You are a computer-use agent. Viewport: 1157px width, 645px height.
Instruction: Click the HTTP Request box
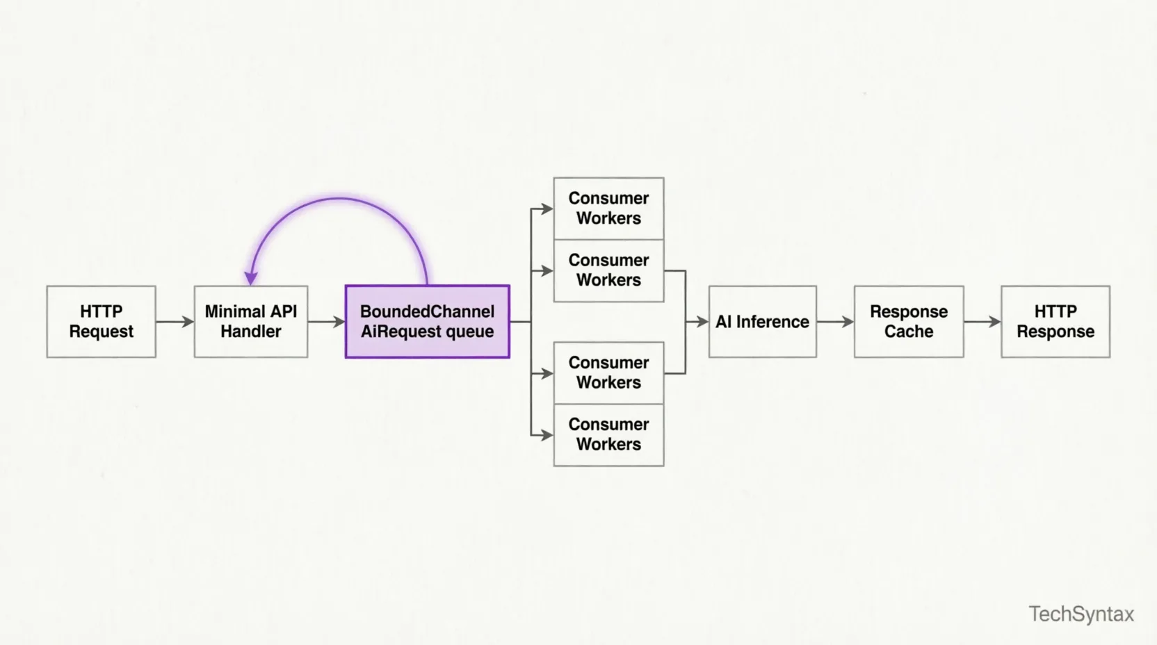pyautogui.click(x=101, y=322)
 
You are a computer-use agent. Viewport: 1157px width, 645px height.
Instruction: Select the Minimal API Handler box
pyautogui.click(x=251, y=322)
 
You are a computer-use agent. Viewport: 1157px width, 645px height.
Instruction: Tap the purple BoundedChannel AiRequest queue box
pyautogui.click(x=427, y=322)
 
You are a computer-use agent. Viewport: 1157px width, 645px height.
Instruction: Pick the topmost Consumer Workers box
pyautogui.click(x=608, y=209)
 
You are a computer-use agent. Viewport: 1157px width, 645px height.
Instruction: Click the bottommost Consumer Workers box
pyautogui.click(x=608, y=435)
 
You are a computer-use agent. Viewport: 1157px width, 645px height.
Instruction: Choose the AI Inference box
pyautogui.click(x=762, y=322)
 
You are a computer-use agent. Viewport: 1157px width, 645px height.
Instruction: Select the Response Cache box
pyautogui.click(x=908, y=322)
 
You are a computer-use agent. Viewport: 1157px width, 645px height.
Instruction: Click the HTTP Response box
pyautogui.click(x=1055, y=322)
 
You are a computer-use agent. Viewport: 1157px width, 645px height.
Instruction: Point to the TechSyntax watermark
pyautogui.click(x=1081, y=614)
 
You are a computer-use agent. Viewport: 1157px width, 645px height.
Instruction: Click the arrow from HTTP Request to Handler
pyautogui.click(x=175, y=322)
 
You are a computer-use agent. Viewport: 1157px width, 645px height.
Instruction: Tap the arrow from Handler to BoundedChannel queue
pyautogui.click(x=326, y=322)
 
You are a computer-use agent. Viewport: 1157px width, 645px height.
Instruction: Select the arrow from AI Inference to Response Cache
pyautogui.click(x=835, y=322)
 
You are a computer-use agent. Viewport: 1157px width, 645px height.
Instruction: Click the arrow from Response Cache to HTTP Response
pyautogui.click(x=982, y=322)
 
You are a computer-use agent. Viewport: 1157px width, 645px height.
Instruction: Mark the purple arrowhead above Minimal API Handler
pyautogui.click(x=251, y=278)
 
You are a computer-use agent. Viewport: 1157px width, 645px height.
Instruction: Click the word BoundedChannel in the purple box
pyautogui.click(x=427, y=311)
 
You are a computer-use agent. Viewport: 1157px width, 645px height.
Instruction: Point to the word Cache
pyautogui.click(x=908, y=332)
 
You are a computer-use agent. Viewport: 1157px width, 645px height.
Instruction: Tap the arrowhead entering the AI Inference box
pyautogui.click(x=702, y=322)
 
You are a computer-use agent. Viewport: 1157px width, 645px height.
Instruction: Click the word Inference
pyautogui.click(x=772, y=322)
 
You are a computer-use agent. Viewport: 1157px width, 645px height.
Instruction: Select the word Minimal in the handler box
pyautogui.click(x=234, y=311)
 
